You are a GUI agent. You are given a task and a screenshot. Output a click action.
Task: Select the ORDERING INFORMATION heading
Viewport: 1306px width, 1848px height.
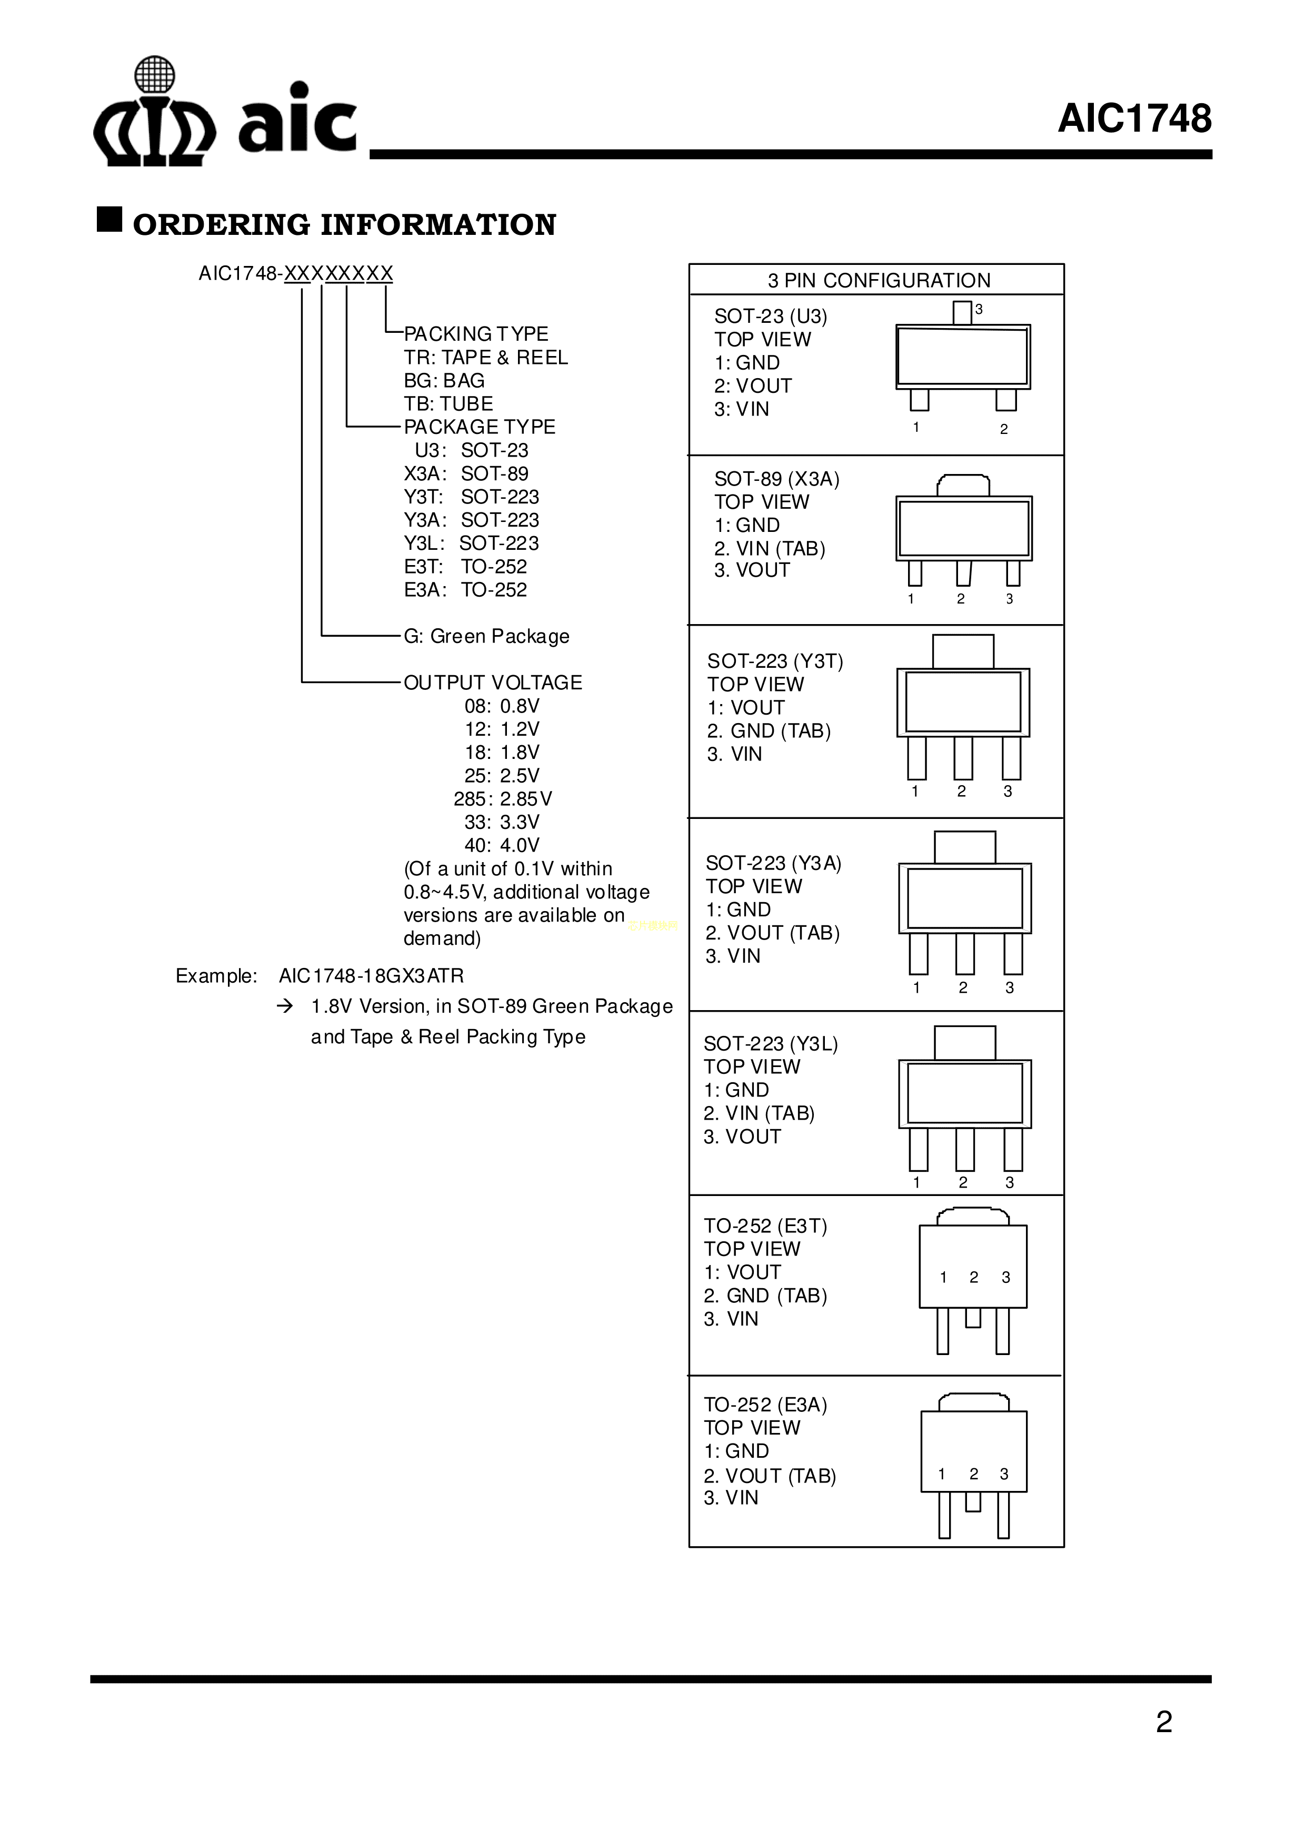(x=344, y=224)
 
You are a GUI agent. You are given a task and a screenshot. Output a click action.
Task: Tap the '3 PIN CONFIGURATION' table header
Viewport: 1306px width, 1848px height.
(x=878, y=280)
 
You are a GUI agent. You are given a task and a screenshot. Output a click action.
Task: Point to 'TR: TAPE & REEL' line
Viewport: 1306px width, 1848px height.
(x=485, y=358)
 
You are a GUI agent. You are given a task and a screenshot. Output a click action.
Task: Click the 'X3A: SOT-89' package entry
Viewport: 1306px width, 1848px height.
(x=466, y=473)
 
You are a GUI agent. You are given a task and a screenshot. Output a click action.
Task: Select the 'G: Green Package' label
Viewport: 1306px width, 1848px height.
(x=486, y=636)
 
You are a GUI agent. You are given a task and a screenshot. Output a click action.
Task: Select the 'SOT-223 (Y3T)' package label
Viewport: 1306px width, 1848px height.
(x=775, y=661)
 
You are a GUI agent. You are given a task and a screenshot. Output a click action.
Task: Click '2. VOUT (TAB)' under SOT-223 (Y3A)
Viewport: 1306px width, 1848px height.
(x=773, y=932)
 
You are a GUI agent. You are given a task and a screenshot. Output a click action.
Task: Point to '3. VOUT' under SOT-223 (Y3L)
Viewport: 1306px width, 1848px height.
(x=742, y=1137)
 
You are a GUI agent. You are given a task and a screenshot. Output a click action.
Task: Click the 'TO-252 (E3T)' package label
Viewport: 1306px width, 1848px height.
(x=765, y=1226)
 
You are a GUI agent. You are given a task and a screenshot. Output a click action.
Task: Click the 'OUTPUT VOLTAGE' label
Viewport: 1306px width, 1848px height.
(x=493, y=683)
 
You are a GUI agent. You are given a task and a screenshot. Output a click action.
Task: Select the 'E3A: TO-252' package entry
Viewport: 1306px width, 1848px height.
(x=465, y=590)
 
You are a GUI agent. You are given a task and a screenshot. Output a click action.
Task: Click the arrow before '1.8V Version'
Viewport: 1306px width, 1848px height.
(x=284, y=1006)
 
